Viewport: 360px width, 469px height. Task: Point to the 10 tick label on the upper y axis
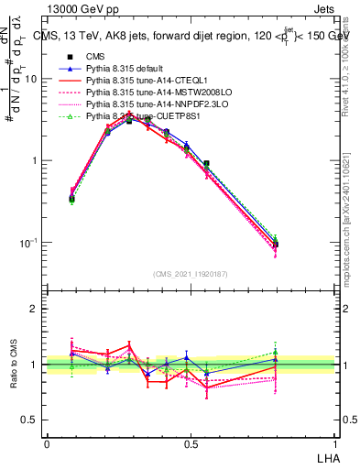(x=31, y=79)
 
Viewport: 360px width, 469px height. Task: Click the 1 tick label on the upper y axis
(x=34, y=161)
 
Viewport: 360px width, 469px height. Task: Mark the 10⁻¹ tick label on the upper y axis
(x=29, y=243)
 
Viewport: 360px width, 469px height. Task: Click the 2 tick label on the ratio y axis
(x=34, y=309)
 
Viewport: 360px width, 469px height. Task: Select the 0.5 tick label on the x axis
(x=190, y=443)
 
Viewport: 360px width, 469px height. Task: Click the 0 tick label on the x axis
(x=47, y=443)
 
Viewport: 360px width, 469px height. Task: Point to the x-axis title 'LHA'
(x=326, y=457)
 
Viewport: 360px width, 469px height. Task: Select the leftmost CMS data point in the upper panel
(x=72, y=198)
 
